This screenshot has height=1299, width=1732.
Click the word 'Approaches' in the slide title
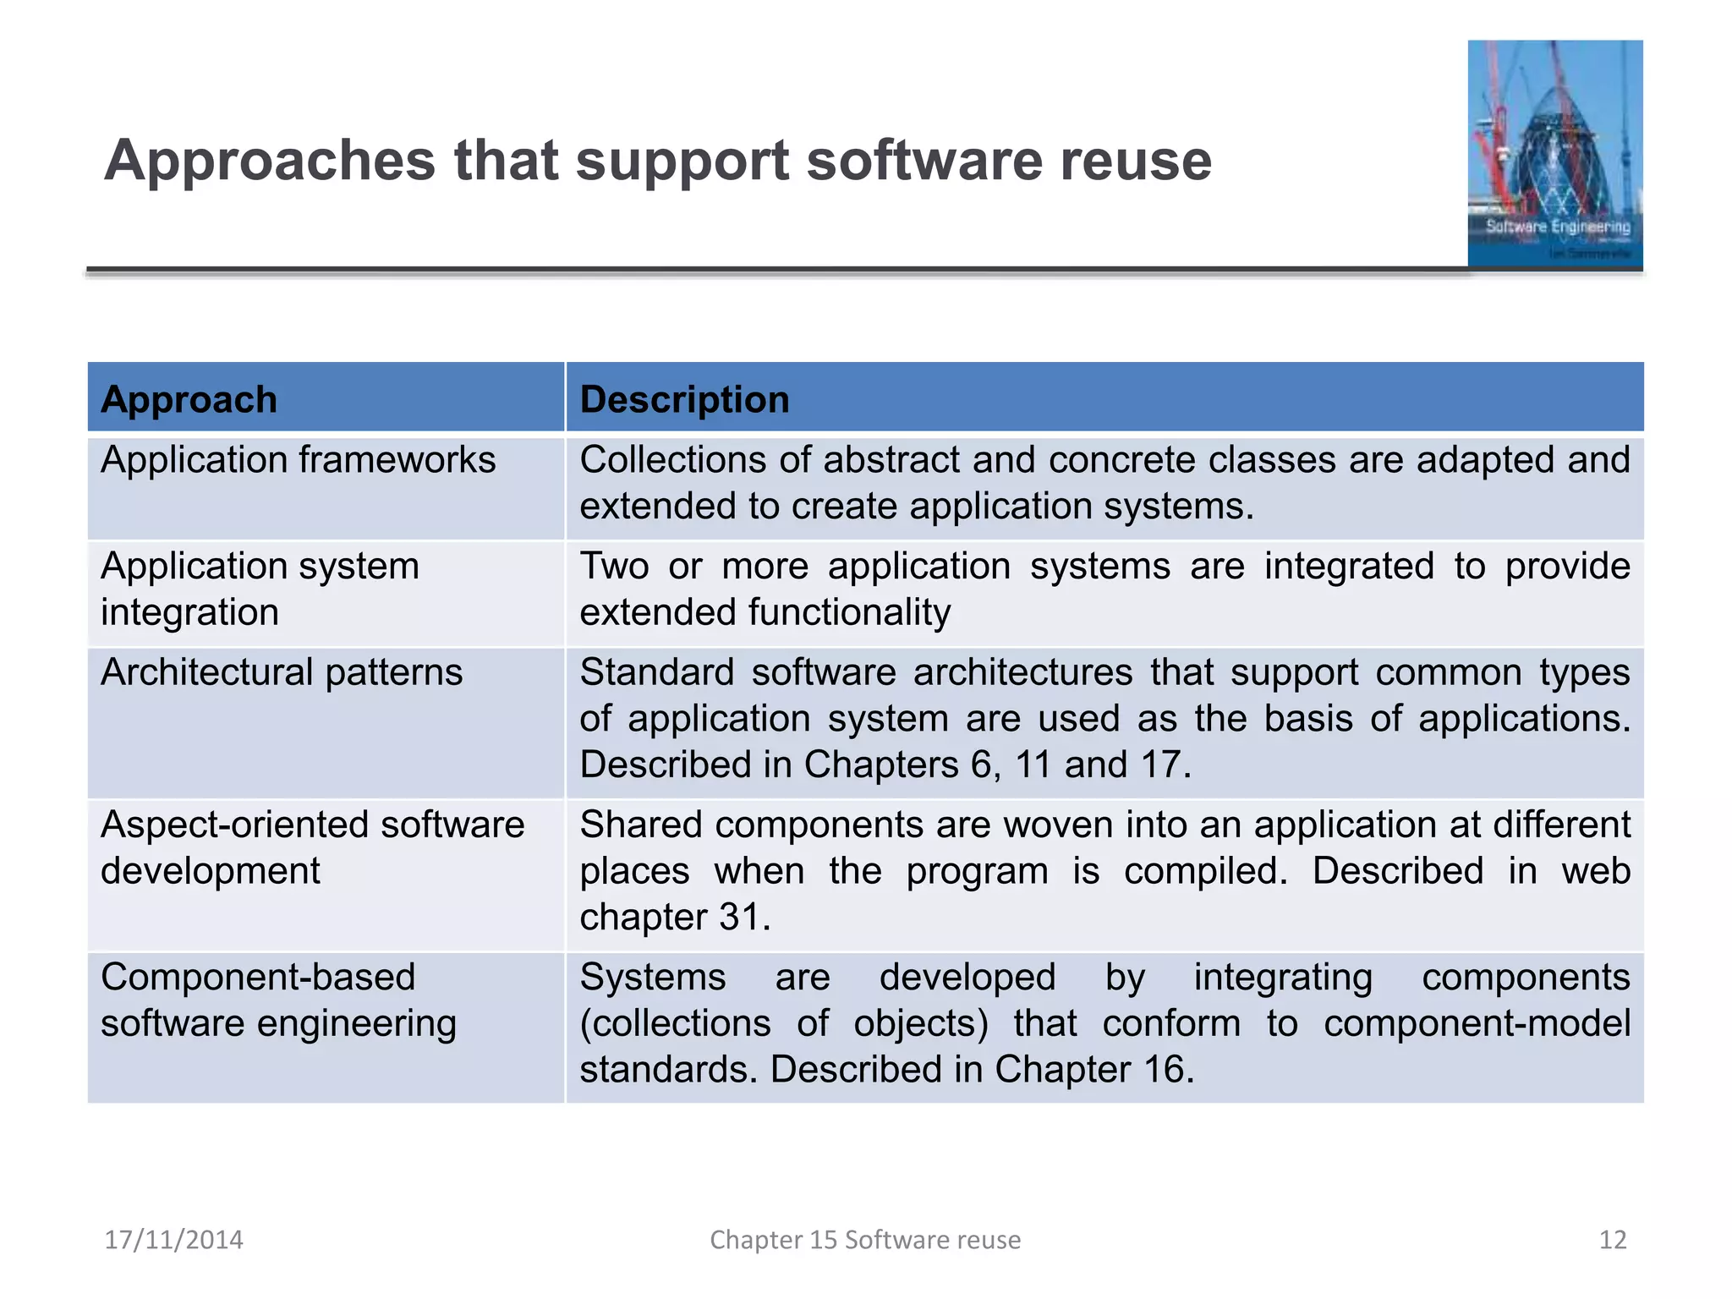pos(269,161)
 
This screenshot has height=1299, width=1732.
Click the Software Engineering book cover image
pos(1554,154)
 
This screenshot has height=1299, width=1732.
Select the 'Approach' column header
pos(189,399)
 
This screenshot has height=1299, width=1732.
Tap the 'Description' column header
pos(684,399)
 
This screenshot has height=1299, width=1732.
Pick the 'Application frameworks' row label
pos(298,461)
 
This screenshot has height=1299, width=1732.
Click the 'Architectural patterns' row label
pos(282,673)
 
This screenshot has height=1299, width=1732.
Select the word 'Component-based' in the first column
pos(258,978)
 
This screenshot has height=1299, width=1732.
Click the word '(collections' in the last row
pos(675,1024)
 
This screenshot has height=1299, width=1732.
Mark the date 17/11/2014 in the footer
pos(173,1240)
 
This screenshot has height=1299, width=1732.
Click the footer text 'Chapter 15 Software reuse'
pos(865,1240)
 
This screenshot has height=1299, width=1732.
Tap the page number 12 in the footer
pos(1613,1240)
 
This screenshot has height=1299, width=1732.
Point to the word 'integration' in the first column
pos(189,612)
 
